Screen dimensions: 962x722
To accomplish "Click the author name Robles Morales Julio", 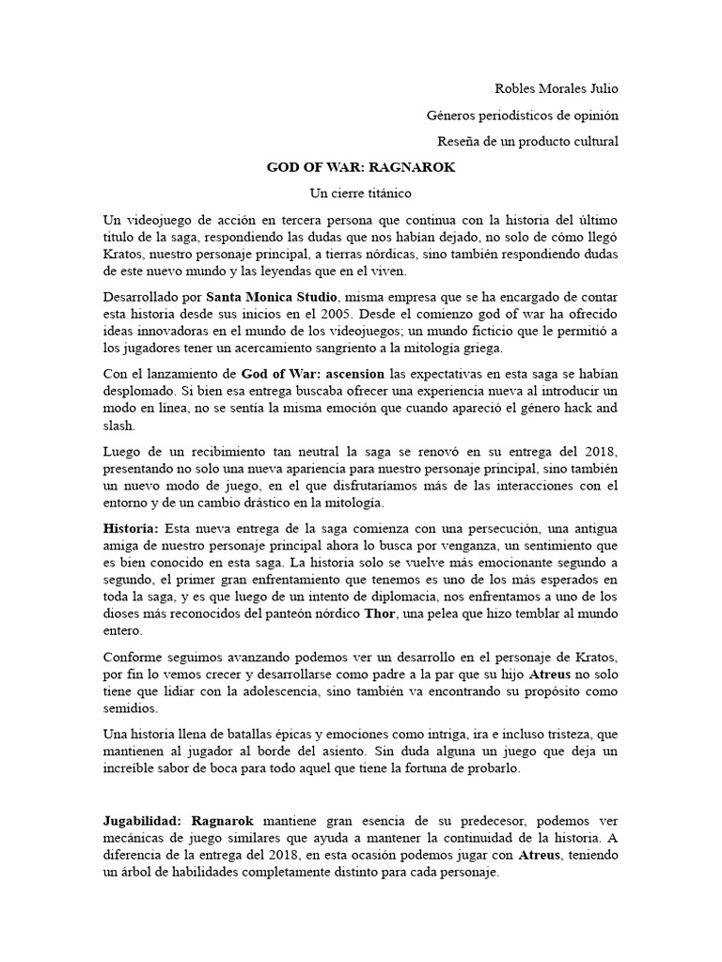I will pyautogui.click(x=557, y=89).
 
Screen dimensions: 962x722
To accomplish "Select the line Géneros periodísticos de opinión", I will pyautogui.click(x=522, y=116).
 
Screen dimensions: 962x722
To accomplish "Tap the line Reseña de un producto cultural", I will pyautogui.click(x=528, y=142).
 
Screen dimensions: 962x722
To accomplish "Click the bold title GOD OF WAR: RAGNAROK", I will pyautogui.click(x=361, y=167).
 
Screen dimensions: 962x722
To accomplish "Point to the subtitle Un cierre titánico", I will pyautogui.click(x=361, y=194).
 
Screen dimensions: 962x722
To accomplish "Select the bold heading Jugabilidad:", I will pyautogui.click(x=141, y=820).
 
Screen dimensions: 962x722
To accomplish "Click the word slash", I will pyautogui.click(x=118, y=426).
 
